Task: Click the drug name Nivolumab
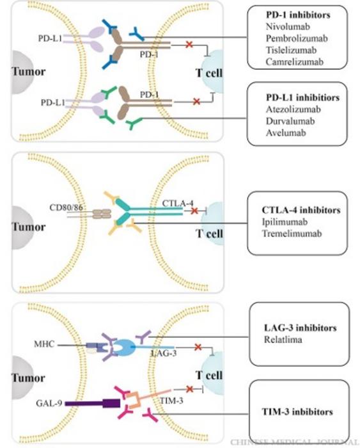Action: [285, 26]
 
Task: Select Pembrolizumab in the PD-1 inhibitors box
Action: [292, 38]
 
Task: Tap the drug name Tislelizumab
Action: [289, 50]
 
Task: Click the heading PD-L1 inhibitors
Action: [302, 98]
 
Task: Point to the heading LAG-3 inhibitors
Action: [300, 328]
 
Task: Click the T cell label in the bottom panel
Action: [208, 375]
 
